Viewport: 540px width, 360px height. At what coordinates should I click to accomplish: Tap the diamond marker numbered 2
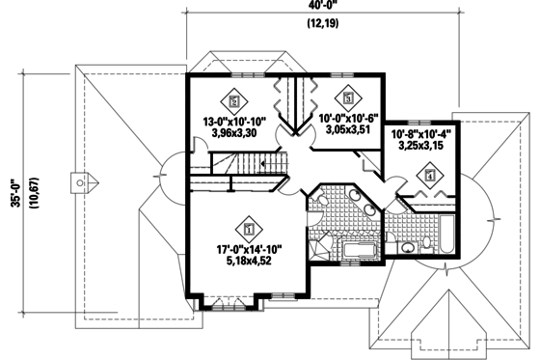232,98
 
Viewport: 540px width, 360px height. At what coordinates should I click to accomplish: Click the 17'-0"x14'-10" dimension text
250,248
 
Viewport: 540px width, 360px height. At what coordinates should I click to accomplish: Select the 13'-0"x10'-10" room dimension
234,122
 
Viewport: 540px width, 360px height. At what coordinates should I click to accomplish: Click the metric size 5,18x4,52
250,262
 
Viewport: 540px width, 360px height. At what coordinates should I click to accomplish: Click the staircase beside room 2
235,177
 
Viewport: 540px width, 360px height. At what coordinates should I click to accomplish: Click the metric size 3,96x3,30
234,135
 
